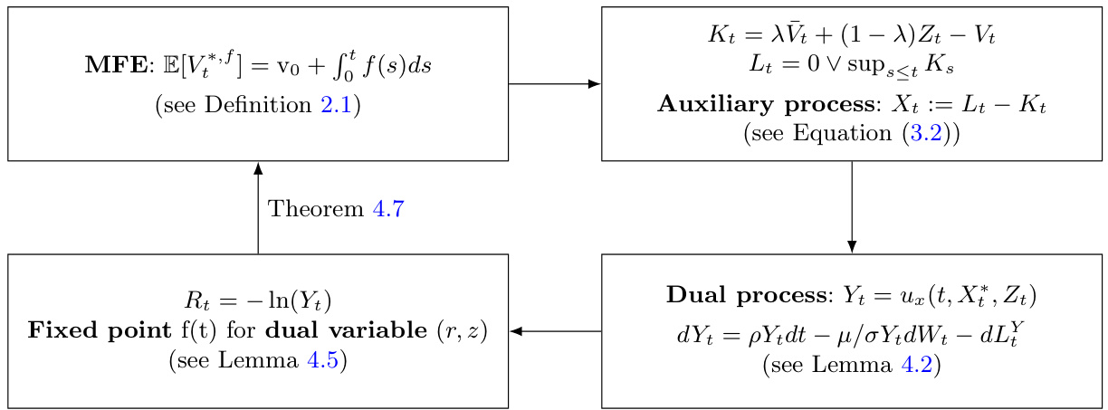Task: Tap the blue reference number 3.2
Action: tap(930, 134)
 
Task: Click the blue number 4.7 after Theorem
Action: tap(387, 209)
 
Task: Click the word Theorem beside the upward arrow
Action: tap(316, 209)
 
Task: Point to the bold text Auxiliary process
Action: tap(766, 105)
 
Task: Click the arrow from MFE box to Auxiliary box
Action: tap(554, 84)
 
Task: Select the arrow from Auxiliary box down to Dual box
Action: tap(852, 207)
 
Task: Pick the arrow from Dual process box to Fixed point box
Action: tap(555, 331)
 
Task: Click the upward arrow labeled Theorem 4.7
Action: tap(258, 207)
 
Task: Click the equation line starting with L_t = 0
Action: tap(852, 66)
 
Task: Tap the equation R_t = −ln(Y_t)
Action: tap(258, 300)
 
